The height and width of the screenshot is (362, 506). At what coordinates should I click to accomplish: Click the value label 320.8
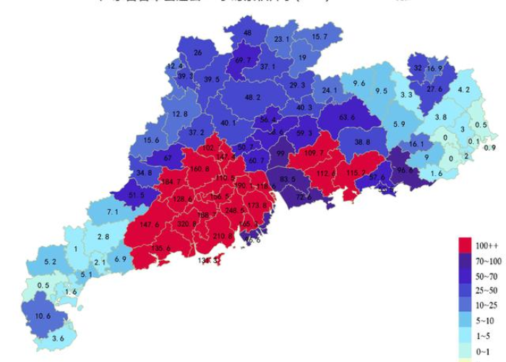187,224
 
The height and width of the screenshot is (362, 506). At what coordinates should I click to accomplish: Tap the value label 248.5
236,211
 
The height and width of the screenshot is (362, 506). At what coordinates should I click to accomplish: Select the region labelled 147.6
150,225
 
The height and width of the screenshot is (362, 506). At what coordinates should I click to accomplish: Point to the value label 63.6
347,117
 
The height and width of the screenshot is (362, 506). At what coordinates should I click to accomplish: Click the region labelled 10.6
43,316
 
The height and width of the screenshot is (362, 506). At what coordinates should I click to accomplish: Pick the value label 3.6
59,338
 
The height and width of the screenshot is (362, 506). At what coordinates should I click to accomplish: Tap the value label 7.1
113,211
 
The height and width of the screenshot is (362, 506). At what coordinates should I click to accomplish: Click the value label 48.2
253,97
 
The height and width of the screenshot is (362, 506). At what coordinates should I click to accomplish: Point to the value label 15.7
320,36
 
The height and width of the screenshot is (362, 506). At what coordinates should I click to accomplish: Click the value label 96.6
406,171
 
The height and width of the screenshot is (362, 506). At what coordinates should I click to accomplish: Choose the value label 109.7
314,153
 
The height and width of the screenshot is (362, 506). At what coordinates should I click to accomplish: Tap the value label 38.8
362,142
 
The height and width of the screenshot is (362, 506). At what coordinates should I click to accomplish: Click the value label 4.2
463,90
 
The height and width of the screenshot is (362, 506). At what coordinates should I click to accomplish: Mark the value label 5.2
51,261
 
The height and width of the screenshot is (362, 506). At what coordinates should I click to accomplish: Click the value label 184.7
172,182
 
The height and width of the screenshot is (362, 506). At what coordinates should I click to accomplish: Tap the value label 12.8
181,114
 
